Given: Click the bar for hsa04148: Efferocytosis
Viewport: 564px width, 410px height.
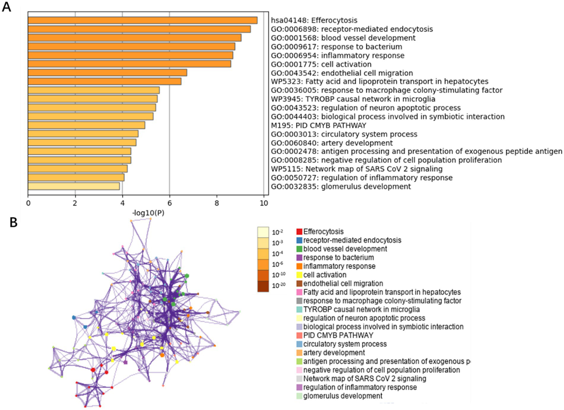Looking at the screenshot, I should [143, 21].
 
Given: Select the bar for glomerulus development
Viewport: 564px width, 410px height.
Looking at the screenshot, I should [74, 186].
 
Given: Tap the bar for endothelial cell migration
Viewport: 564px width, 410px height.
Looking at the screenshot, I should [107, 73].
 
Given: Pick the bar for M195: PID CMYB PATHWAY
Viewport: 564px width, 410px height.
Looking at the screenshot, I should [86, 125].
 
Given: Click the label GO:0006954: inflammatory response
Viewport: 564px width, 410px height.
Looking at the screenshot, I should [337, 55].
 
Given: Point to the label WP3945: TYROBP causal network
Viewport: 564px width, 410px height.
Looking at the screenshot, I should [353, 99].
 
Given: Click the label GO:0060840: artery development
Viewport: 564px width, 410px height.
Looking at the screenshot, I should [331, 143].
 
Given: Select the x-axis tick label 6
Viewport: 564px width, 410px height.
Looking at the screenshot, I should [169, 203].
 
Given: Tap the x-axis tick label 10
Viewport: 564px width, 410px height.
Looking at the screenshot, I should [264, 203].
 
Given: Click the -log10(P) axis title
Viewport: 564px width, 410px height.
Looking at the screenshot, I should [148, 213].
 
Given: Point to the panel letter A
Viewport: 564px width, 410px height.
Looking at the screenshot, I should [6, 7].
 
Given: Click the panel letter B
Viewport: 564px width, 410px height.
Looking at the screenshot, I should [13, 222].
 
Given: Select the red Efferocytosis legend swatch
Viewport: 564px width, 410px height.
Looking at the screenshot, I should [299, 232].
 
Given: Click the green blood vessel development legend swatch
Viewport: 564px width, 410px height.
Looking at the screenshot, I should [299, 249].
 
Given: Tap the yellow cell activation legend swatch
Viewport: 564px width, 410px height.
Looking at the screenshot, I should [299, 275].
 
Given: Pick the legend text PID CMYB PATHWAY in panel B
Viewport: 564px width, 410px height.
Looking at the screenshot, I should [338, 335].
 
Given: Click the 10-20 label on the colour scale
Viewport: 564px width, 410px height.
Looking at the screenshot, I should [278, 285].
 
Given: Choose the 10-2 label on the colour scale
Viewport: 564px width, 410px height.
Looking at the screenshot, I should [277, 232].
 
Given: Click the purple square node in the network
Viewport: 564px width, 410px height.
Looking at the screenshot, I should [125, 362].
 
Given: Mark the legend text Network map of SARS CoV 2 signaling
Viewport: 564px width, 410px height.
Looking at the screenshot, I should [364, 378].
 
